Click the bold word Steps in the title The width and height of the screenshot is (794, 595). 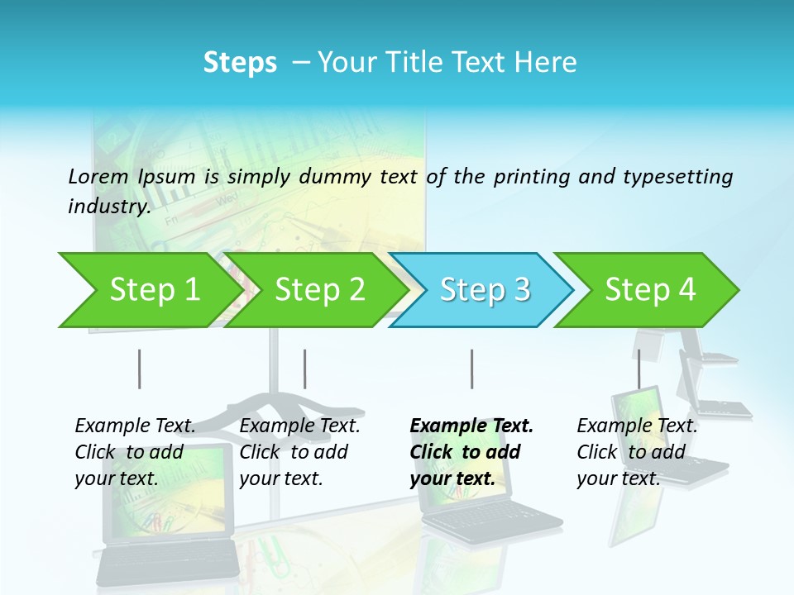(x=240, y=63)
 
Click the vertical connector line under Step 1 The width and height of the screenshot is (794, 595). (x=140, y=369)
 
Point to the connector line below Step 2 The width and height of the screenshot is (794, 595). (x=305, y=369)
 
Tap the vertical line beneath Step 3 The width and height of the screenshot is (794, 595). (x=471, y=369)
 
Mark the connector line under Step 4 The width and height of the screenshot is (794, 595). (x=639, y=369)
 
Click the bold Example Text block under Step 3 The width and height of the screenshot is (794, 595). (x=471, y=452)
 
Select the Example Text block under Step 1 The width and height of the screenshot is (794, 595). (x=135, y=452)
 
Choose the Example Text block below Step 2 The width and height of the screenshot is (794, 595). (x=299, y=452)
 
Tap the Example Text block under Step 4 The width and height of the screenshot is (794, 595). (x=637, y=452)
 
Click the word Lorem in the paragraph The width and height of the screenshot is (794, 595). (x=98, y=177)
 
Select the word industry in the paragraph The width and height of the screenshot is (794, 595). (x=108, y=207)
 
